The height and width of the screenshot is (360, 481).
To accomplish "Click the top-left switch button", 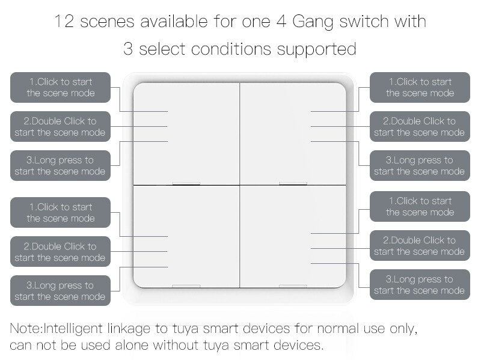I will [x=186, y=133].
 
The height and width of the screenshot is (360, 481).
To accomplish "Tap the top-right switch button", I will [x=293, y=133].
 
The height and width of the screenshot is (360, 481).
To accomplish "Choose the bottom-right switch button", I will [x=293, y=236].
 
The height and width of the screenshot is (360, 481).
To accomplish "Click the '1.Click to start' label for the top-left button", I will [x=60, y=87].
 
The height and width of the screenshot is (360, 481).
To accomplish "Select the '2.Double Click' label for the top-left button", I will [x=60, y=126].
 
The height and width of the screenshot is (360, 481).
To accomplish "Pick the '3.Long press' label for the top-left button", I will [x=60, y=165].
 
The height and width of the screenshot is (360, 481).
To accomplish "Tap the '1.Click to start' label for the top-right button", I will [x=420, y=87].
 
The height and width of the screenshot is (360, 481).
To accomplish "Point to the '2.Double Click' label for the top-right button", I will [x=420, y=126].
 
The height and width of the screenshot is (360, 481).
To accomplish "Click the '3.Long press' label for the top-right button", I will [x=420, y=165].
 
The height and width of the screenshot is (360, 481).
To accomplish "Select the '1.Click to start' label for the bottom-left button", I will [x=60, y=212].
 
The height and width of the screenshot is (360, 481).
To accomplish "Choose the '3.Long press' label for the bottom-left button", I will [x=60, y=290].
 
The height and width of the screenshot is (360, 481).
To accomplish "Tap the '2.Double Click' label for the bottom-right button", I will [x=420, y=245].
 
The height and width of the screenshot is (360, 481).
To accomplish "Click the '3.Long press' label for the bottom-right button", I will [x=420, y=284].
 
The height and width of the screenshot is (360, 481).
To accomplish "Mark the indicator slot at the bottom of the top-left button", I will [x=186, y=183].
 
